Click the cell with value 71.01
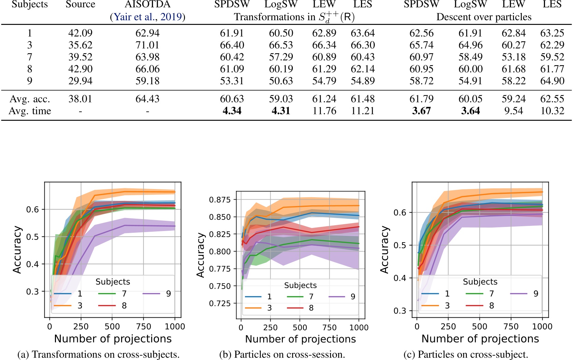[147, 45]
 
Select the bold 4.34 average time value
[232, 111]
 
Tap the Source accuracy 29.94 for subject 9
[80, 81]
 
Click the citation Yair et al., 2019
[147, 17]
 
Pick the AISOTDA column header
[147, 4]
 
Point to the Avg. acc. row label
[30, 99]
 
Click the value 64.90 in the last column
[552, 81]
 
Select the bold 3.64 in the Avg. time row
[470, 111]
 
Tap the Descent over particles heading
[484, 17]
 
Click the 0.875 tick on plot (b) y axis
[220, 200]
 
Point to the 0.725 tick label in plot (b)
[220, 303]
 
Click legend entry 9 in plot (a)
[168, 294]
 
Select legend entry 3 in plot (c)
[447, 306]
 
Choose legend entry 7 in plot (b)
[311, 297]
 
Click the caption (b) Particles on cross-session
[282, 355]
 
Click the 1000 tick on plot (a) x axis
[175, 327]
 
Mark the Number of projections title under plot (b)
[300, 339]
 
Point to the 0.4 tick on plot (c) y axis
[400, 278]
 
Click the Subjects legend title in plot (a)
[113, 282]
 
